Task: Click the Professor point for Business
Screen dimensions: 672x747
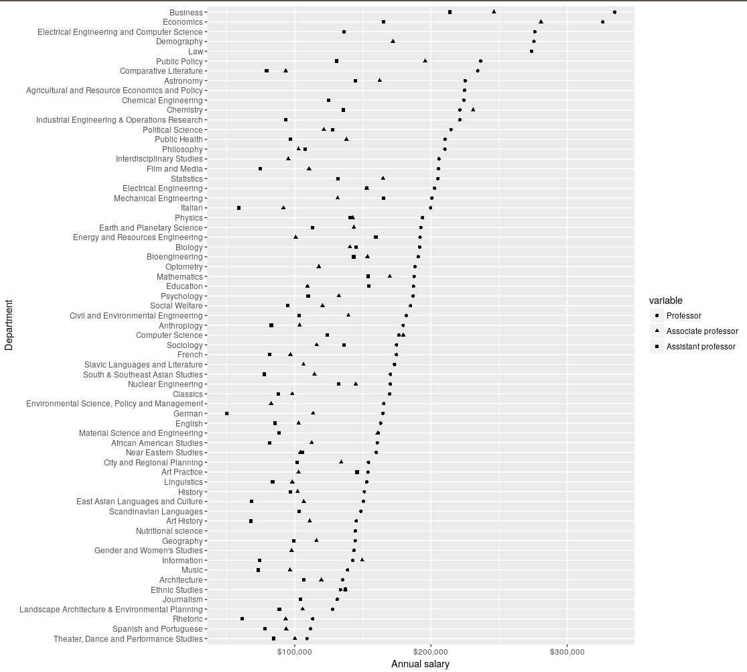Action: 614,12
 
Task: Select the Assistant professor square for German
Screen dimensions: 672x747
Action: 227,413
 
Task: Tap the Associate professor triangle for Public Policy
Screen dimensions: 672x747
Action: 425,60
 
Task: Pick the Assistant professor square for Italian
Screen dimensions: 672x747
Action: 239,208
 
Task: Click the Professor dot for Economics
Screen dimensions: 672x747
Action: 602,22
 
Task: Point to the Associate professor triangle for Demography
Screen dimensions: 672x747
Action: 393,41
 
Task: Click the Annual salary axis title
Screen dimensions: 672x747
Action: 420,664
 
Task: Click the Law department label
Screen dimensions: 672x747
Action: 196,51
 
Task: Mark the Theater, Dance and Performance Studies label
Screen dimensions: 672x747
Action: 127,638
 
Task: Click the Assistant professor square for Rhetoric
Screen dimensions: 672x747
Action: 242,618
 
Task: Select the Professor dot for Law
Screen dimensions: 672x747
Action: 531,51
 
